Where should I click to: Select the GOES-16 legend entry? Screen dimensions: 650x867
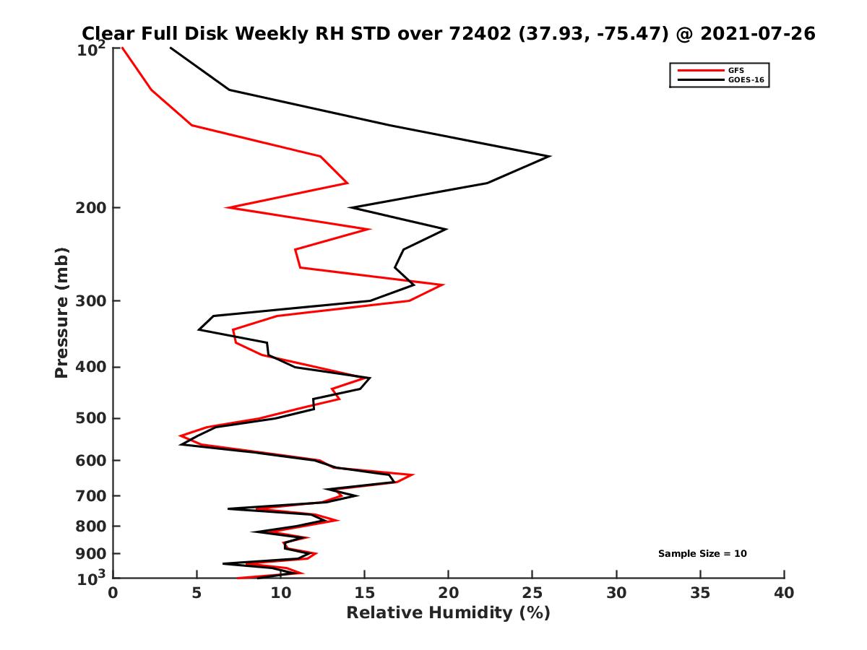743,80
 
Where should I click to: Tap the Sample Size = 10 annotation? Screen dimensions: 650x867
702,554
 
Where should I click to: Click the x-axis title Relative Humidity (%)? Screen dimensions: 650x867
448,613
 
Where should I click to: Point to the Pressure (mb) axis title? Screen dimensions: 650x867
61,312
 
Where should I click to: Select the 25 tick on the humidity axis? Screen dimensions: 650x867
532,594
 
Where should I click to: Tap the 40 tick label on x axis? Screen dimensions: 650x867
784,594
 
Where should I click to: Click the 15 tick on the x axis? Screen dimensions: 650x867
364,594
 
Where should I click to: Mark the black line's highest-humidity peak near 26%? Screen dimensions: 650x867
551,156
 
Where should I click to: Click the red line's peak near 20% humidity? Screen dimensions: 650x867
443,285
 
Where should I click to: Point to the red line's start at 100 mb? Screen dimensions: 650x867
122,48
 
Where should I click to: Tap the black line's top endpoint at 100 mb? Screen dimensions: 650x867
171,48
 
